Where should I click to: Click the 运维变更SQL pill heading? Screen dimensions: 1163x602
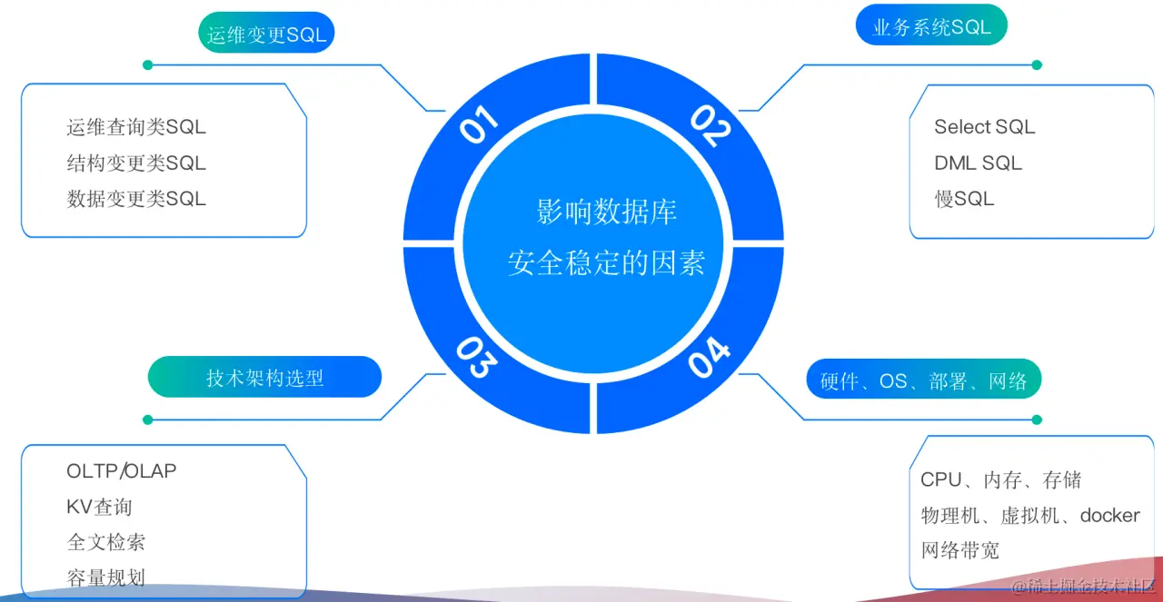pyautogui.click(x=265, y=35)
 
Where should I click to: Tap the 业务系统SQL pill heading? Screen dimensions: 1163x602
pyautogui.click(x=931, y=27)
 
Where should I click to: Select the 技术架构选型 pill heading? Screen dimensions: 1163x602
pyautogui.click(x=264, y=378)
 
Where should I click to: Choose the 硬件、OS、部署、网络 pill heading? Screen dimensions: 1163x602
pyautogui.click(x=923, y=381)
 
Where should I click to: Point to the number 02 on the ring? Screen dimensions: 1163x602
pyautogui.click(x=711, y=125)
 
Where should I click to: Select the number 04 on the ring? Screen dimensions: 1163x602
pyautogui.click(x=709, y=357)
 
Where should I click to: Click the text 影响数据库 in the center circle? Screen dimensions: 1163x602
pyautogui.click(x=606, y=212)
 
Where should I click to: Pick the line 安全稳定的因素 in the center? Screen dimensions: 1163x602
pyautogui.click(x=606, y=262)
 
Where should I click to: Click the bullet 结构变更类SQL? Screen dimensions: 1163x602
pyautogui.click(x=136, y=163)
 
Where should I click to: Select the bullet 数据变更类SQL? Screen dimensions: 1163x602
pyautogui.click(x=136, y=199)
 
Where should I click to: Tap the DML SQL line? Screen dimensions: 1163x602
pyautogui.click(x=978, y=163)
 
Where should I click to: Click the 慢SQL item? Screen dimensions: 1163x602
pyautogui.click(x=964, y=199)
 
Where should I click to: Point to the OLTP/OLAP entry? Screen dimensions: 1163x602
pyautogui.click(x=122, y=471)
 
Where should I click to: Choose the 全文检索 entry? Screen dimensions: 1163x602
pyautogui.click(x=106, y=542)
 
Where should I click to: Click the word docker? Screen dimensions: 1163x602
pyautogui.click(x=1109, y=516)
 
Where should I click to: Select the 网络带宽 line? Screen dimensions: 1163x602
pyautogui.click(x=959, y=550)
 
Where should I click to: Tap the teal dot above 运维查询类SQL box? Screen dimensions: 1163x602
pyautogui.click(x=147, y=65)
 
